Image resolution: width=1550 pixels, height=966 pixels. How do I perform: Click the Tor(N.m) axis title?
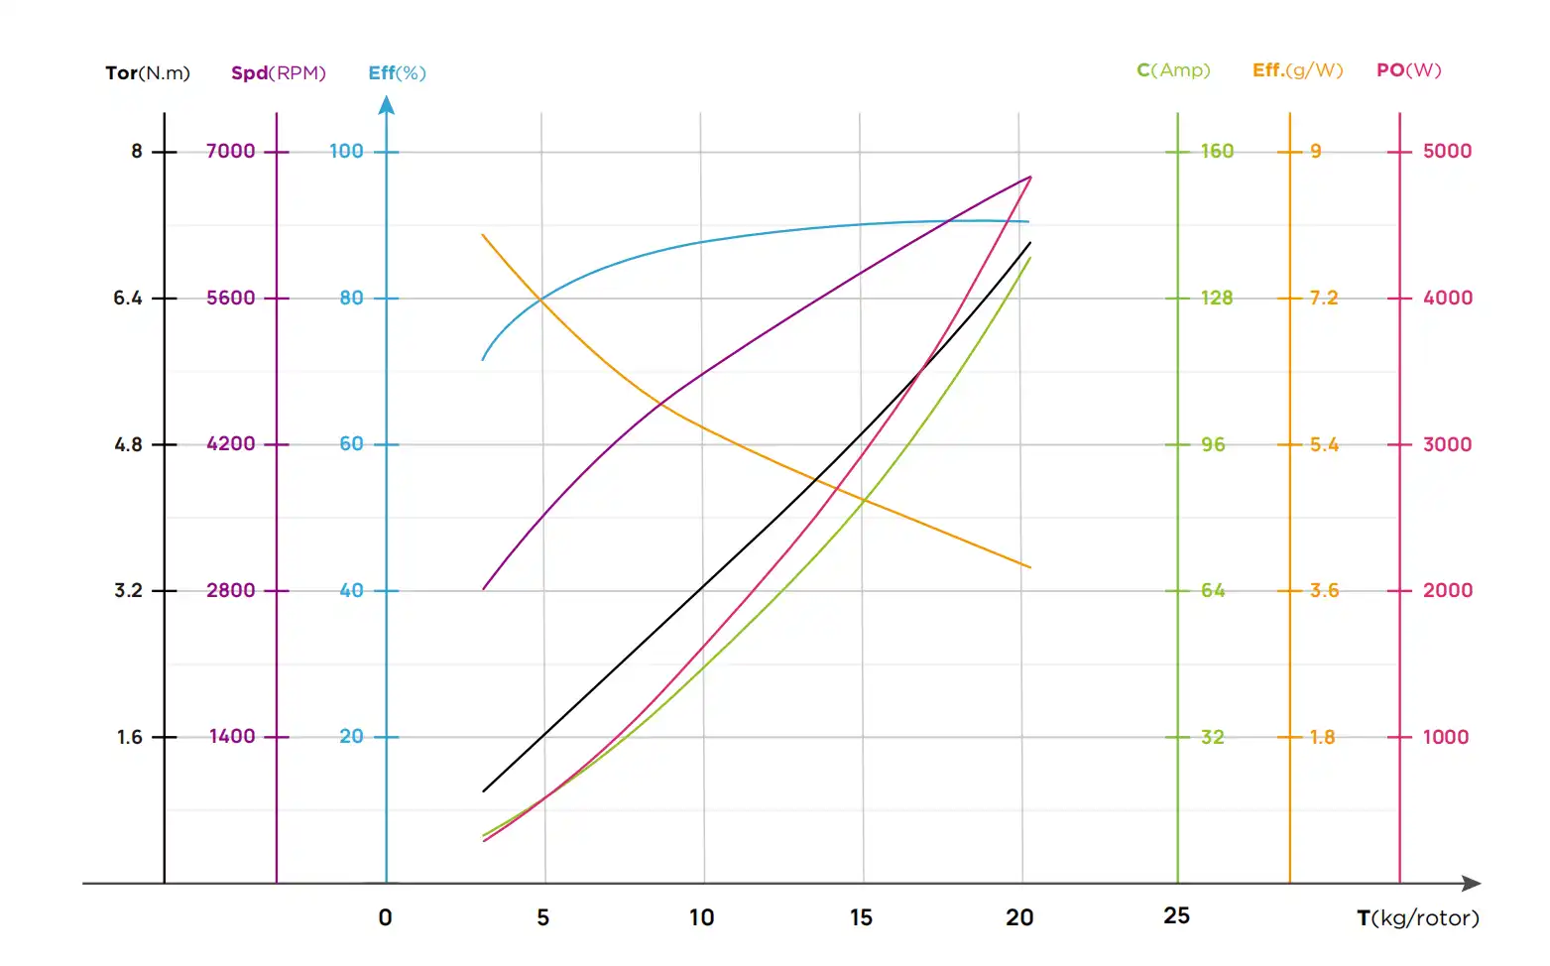[x=147, y=73]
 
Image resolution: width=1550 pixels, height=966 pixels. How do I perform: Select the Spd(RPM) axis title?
[x=278, y=73]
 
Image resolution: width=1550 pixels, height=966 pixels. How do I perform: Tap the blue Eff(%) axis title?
[x=397, y=73]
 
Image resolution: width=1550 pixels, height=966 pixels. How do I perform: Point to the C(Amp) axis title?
[x=1173, y=70]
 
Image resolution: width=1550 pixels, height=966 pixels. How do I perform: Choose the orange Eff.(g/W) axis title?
[x=1297, y=70]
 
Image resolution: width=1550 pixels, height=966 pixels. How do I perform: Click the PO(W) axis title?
[x=1408, y=70]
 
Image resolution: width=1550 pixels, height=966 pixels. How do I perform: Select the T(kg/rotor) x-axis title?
[x=1417, y=918]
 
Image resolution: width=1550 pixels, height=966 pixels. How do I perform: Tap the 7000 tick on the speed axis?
[x=231, y=152]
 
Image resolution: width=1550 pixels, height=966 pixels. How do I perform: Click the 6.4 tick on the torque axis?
[x=128, y=299]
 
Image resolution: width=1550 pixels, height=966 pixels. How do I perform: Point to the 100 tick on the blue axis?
[x=346, y=152]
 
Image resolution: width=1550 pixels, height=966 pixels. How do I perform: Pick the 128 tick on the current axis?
[x=1217, y=299]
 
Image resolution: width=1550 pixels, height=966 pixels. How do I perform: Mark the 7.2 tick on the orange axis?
[x=1323, y=299]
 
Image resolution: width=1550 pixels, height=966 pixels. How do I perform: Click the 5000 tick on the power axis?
[x=1447, y=152]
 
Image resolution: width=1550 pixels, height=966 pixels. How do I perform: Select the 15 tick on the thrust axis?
[x=861, y=918]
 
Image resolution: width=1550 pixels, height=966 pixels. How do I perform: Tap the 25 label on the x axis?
[x=1176, y=916]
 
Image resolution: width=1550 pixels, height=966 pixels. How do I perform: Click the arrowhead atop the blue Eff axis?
[x=387, y=104]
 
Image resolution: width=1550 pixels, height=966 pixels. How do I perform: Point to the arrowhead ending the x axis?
[x=1472, y=883]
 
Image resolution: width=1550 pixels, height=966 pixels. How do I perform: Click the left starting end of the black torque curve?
[x=483, y=791]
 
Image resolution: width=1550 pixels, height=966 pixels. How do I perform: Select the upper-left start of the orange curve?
[x=482, y=235]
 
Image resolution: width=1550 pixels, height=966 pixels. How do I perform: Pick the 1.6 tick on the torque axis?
[x=130, y=738]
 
